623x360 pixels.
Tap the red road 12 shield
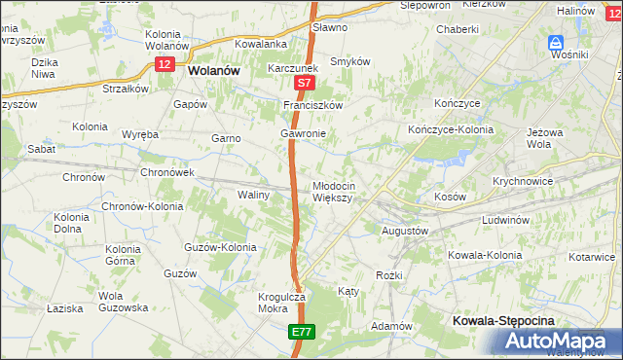click(x=164, y=62)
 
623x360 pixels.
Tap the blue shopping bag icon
click(x=556, y=42)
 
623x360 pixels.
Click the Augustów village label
click(x=403, y=231)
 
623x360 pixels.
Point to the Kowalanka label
click(x=260, y=44)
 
